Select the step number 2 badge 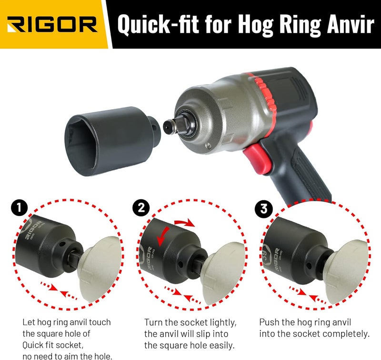click(x=142, y=208)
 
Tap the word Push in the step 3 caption click(x=270, y=322)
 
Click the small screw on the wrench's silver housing click(x=207, y=146)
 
